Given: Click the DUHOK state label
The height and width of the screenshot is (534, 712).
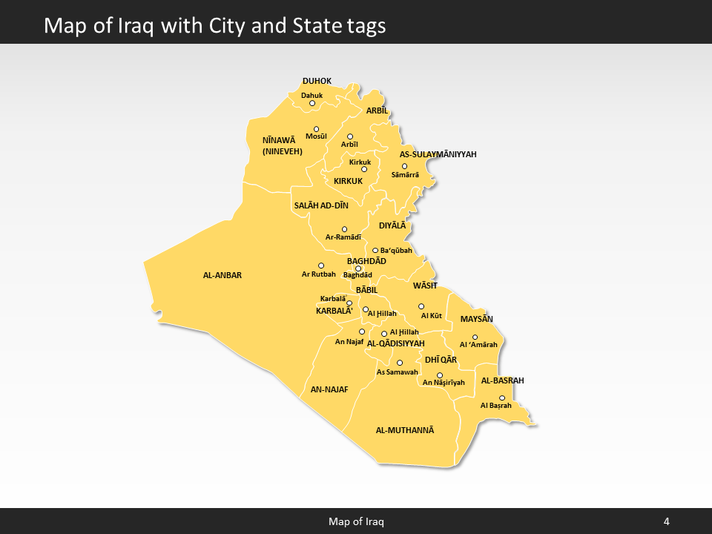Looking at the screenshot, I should pos(317,81).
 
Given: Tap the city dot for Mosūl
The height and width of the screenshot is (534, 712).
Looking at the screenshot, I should pos(317,128).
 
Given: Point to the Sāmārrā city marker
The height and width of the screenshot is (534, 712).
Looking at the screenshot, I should pos(404,166).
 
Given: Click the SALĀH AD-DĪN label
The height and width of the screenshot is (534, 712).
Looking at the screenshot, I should pos(321,205).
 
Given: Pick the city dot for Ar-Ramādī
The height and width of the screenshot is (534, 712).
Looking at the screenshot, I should pos(344,229).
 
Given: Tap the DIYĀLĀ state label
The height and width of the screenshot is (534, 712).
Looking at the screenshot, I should pos(392,225).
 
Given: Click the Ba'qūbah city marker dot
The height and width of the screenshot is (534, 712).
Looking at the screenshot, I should pos(375,251).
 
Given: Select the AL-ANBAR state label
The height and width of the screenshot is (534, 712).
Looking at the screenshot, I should pos(222,275).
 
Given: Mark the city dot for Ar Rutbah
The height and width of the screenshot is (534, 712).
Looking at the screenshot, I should pos(321,266).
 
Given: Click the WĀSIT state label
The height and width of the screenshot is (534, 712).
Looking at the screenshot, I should pos(425,286).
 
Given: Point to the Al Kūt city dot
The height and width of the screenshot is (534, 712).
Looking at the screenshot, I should pos(421,306).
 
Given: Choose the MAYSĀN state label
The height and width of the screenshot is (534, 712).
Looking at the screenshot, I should pos(477,319).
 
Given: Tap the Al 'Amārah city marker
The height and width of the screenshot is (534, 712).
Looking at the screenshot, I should pos(475,337).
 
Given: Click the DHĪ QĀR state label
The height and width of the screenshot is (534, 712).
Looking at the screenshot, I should pos(441,360).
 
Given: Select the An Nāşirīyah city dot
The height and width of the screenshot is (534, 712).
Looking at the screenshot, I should pos(440,375).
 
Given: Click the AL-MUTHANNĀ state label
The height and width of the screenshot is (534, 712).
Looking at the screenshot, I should pos(405,430).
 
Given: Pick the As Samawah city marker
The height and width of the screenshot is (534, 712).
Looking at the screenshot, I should pos(400,363).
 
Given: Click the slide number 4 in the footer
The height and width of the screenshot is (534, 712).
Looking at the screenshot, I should pos(667,521).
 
